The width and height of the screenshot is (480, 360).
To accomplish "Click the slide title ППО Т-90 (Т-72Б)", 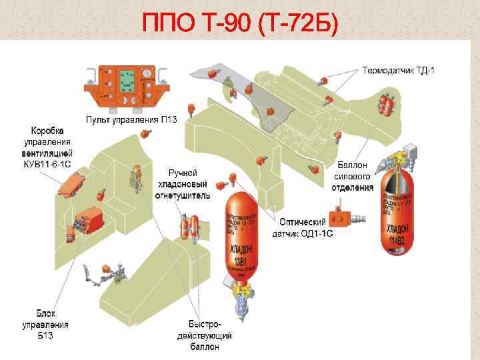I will pyautogui.click(x=240, y=25).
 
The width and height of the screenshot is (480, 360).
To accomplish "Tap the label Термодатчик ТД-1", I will pyautogui.click(x=399, y=70).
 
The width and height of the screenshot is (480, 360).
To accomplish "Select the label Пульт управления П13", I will pyautogui.click(x=131, y=119).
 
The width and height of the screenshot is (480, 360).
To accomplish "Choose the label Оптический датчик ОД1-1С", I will pyautogui.click(x=303, y=227).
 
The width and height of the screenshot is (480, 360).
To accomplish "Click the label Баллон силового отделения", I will pyautogui.click(x=354, y=177).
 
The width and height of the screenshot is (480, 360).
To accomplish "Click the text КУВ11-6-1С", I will pyautogui.click(x=48, y=164).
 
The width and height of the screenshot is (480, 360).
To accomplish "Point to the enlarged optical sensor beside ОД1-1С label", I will pyautogui.click(x=350, y=217).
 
